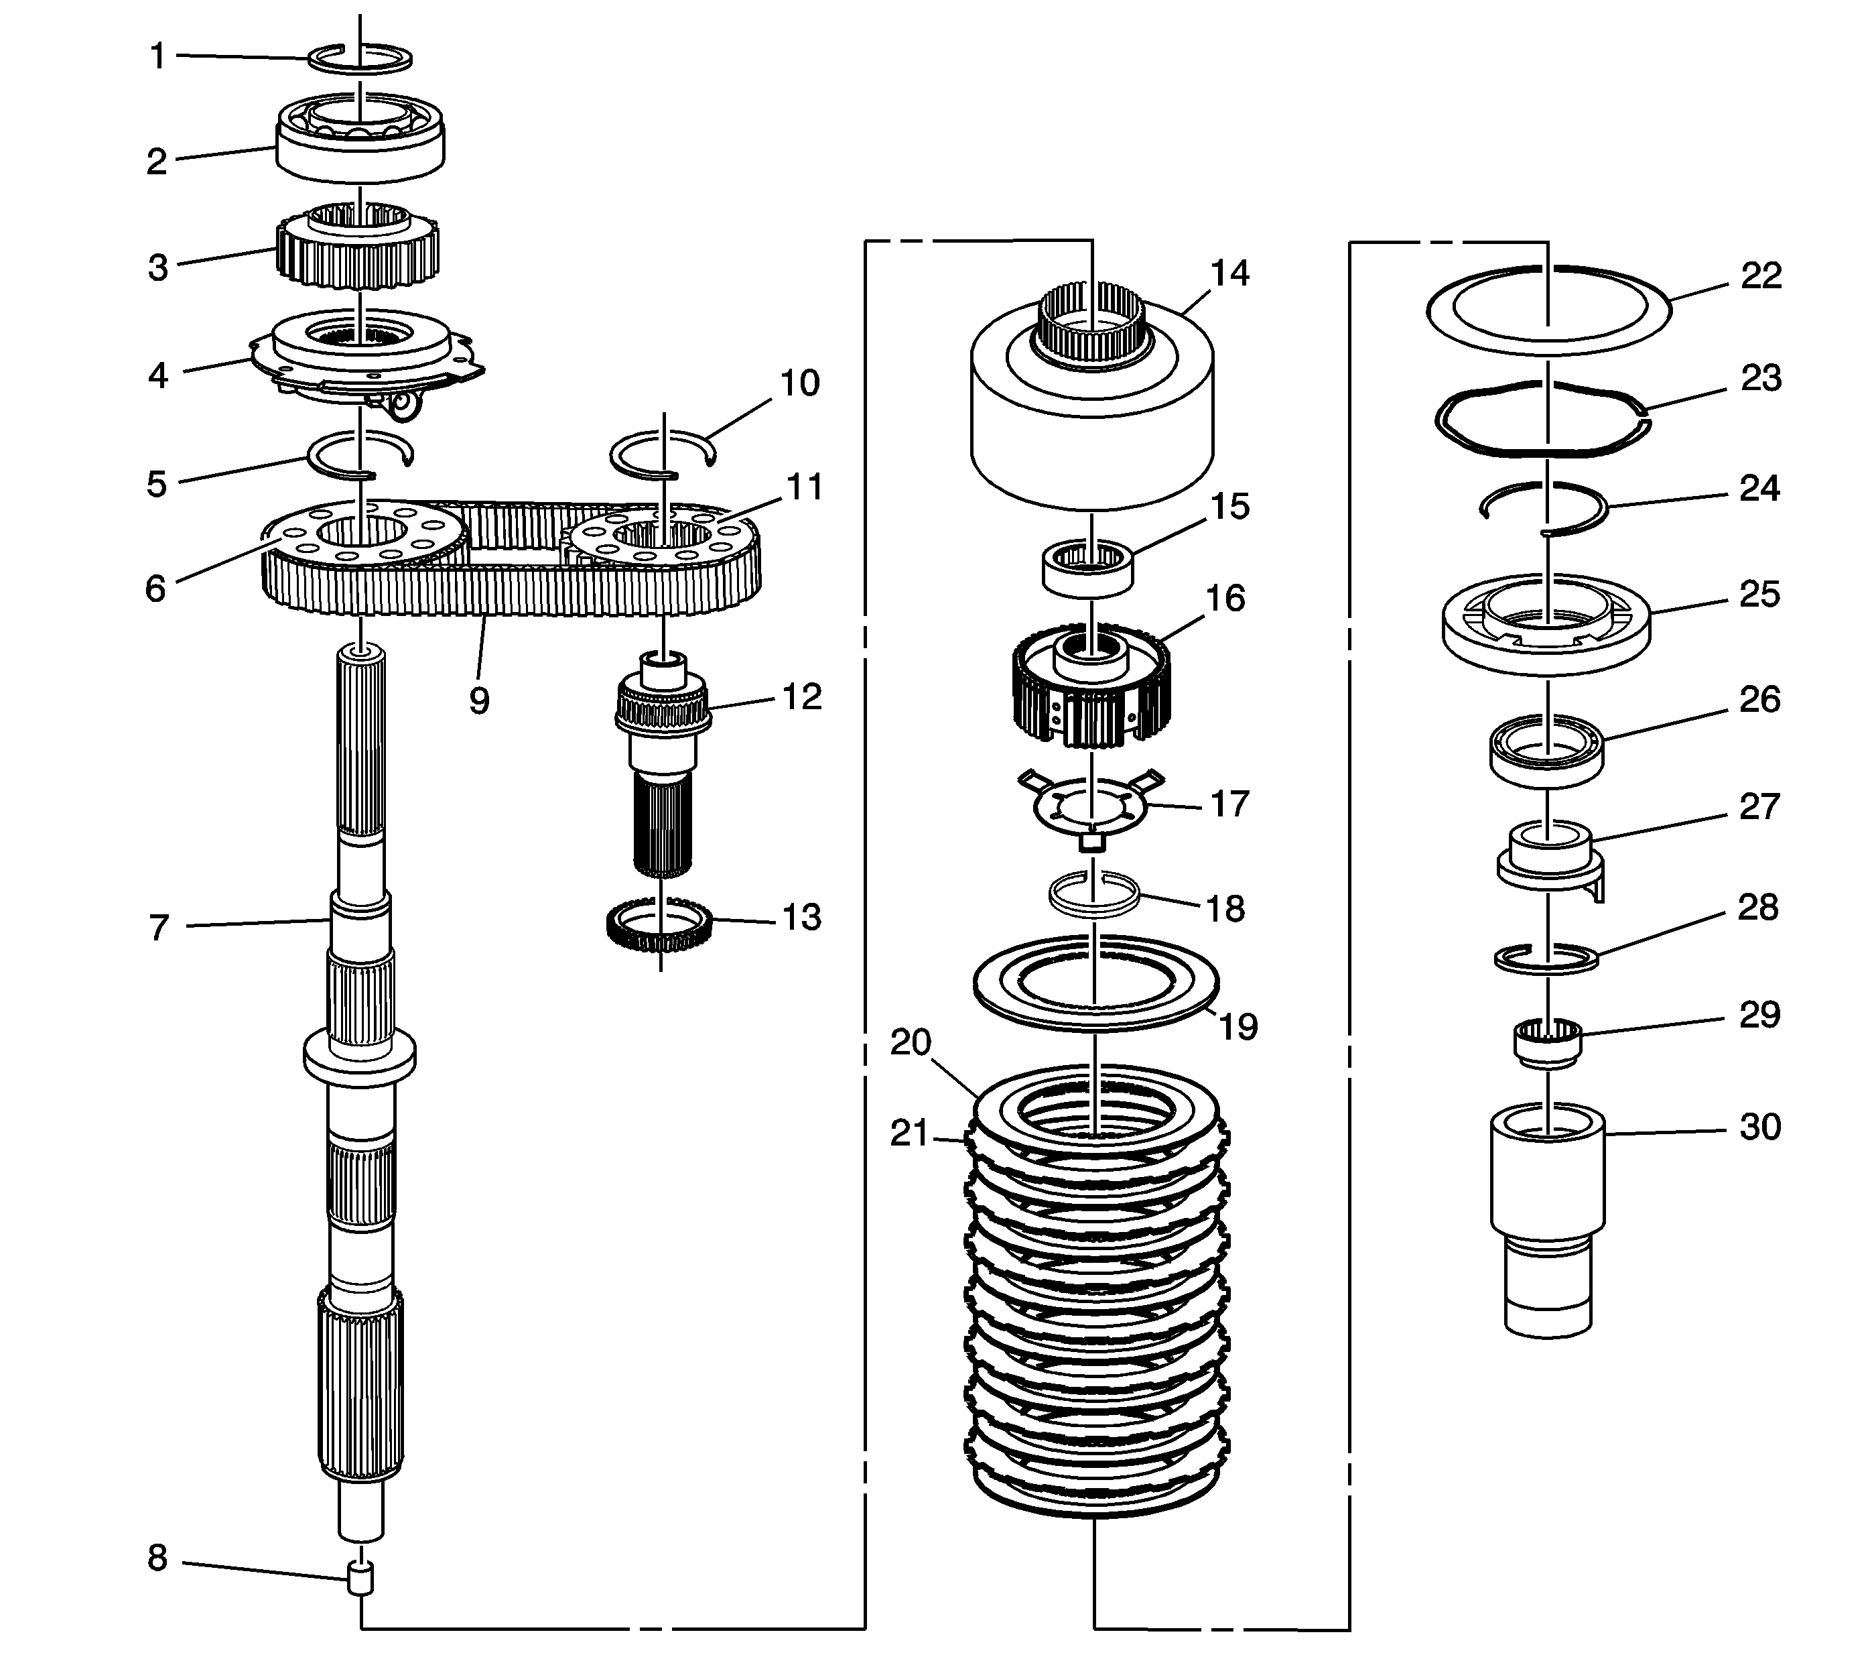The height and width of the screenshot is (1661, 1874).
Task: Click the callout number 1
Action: coord(157,57)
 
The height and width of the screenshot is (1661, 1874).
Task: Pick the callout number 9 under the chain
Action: coord(478,700)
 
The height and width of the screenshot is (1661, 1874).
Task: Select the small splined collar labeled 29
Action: coord(1546,1044)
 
